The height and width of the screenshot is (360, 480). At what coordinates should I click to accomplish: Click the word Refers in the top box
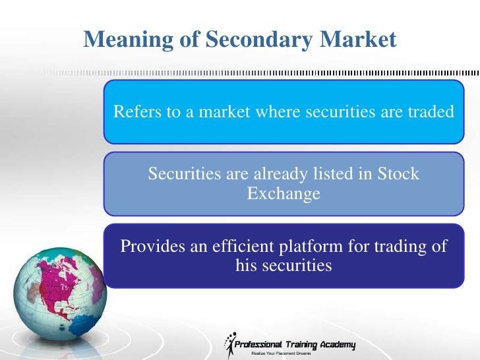coord(135,112)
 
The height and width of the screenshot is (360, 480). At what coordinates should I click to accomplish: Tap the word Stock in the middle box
coord(398,174)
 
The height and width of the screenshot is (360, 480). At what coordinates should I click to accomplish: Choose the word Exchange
coord(284,194)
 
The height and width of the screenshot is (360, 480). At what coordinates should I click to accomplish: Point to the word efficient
coord(244,247)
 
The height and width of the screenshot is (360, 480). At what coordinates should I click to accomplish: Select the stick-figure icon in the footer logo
coord(231,344)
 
